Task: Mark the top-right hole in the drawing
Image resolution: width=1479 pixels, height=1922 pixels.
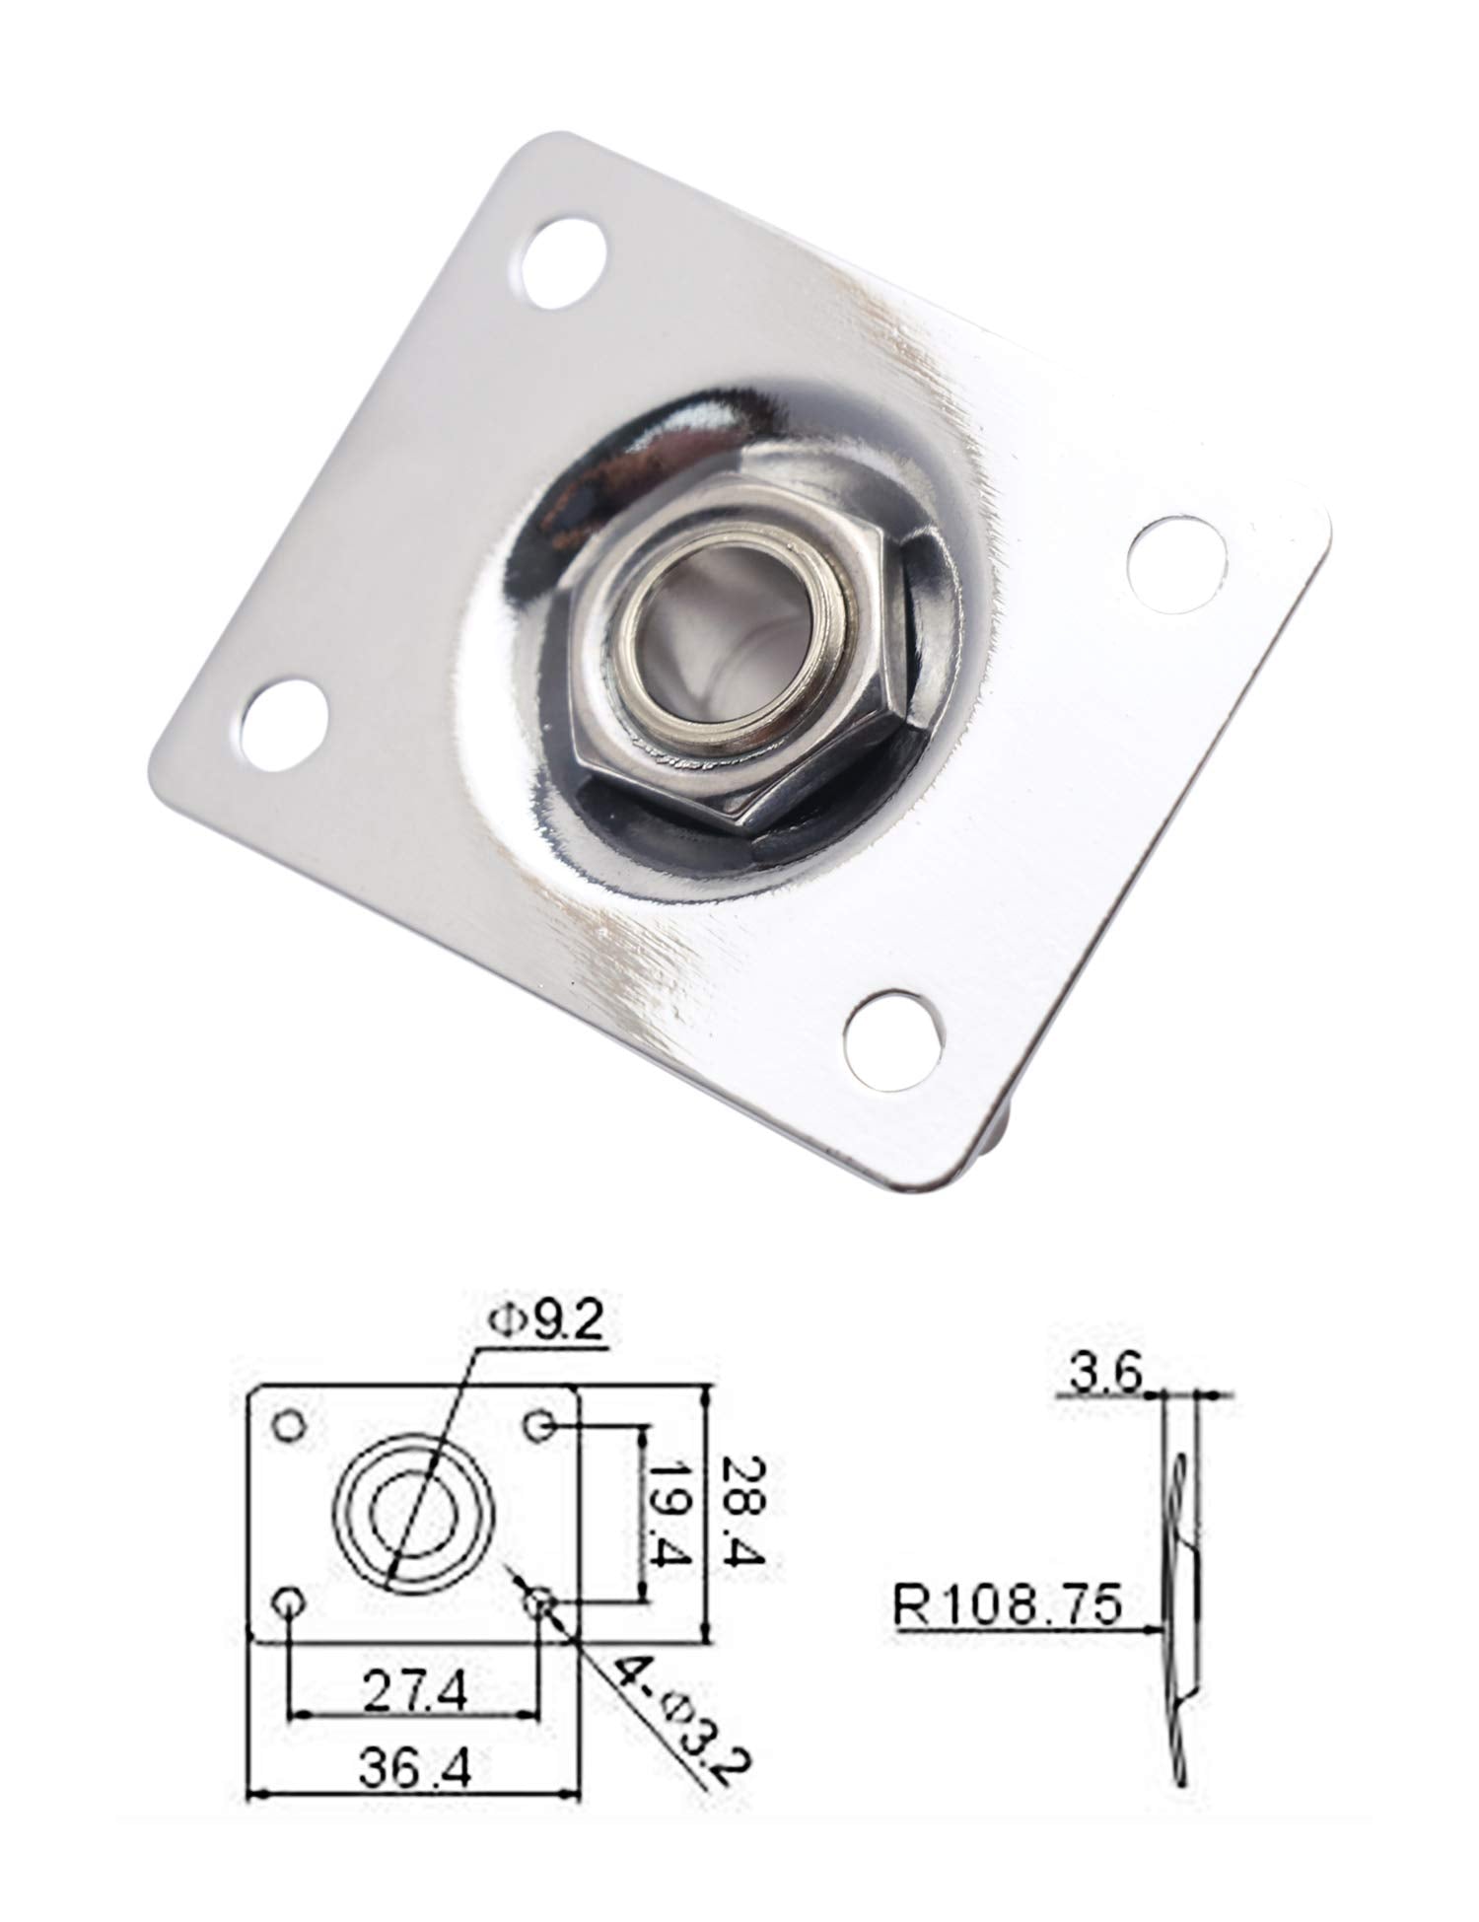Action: (538, 1426)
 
